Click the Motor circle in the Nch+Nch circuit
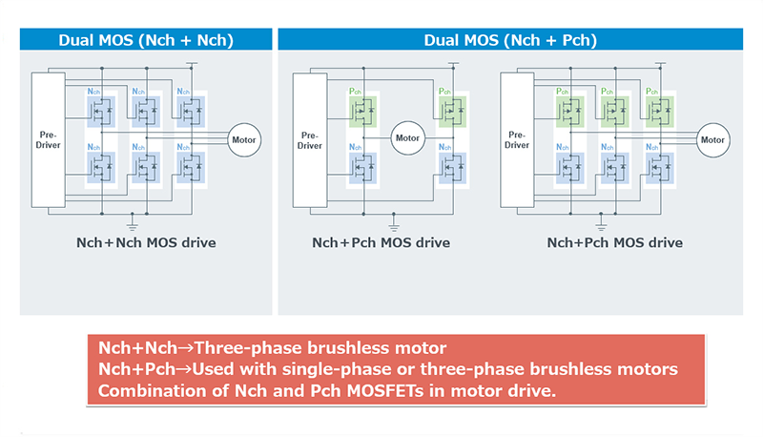243,141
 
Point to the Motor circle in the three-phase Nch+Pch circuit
711,139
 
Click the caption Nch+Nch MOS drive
146,242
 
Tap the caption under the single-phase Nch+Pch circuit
381,242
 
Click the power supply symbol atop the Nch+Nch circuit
192,65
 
